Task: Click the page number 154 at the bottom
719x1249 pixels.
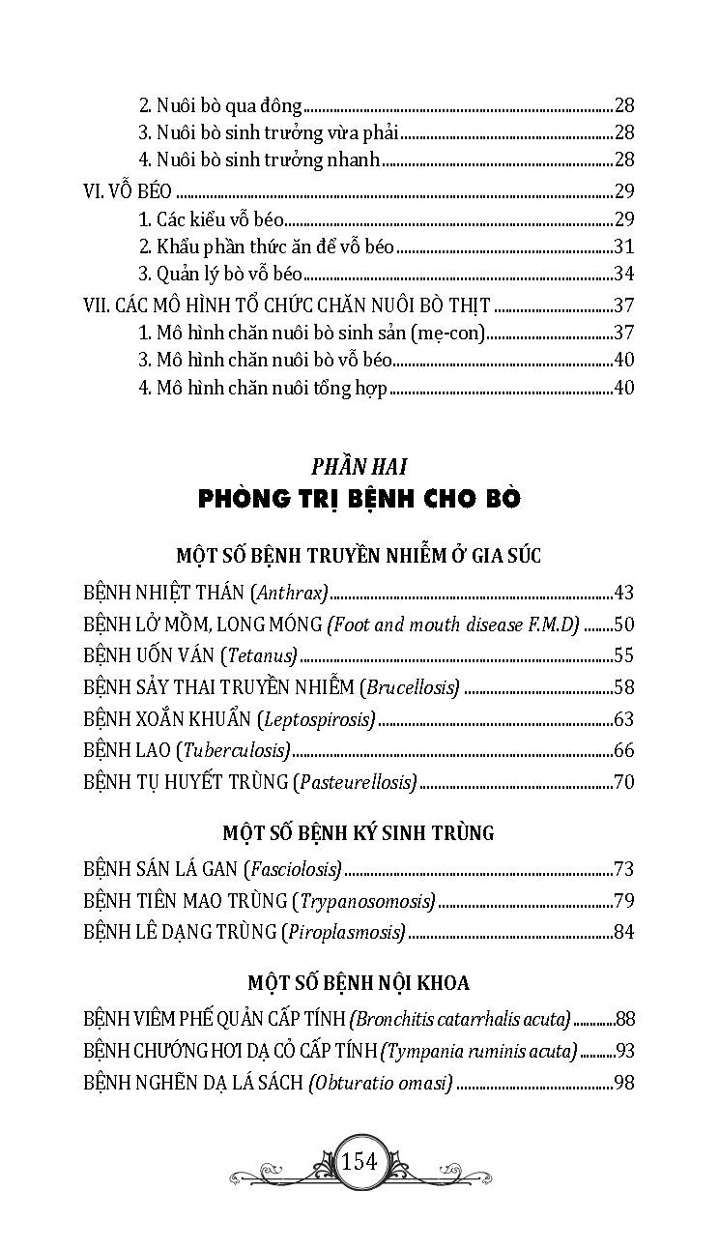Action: tap(359, 1161)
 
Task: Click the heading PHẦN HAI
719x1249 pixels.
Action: tap(359, 466)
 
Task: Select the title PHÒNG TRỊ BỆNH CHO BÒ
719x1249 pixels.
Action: tap(359, 499)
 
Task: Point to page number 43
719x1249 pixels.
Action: tap(623, 593)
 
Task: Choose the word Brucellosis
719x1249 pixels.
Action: tap(410, 687)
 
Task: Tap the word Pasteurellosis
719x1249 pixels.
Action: tap(355, 781)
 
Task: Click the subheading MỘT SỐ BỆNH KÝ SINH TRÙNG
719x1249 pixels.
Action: tap(359, 833)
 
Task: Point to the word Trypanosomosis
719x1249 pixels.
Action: tap(364, 901)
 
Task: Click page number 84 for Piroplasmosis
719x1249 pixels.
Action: tap(623, 932)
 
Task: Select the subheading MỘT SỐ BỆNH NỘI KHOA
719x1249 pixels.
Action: tap(359, 983)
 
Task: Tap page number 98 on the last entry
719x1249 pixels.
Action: tap(623, 1082)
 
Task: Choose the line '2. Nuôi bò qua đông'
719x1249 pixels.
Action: tap(221, 106)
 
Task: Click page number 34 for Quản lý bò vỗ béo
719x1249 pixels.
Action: tap(623, 274)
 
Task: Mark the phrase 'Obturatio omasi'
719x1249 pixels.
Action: tap(381, 1082)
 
